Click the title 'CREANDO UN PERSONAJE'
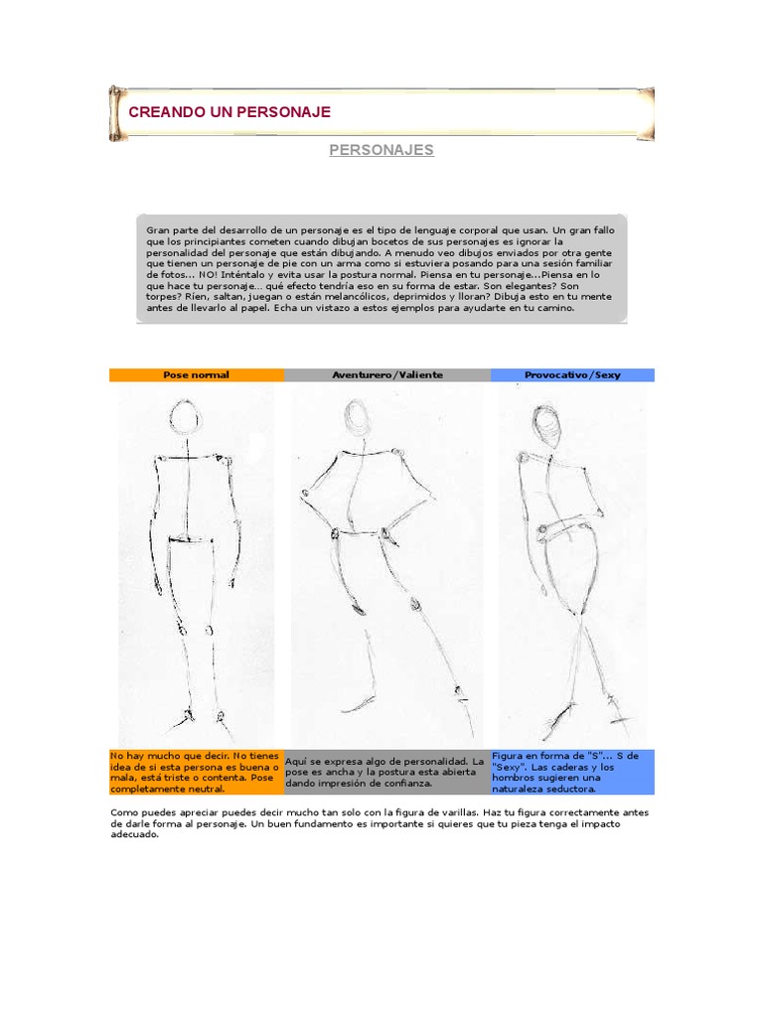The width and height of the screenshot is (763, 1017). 229,112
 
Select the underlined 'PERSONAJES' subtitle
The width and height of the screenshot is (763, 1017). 381,150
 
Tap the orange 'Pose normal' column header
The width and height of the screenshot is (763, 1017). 196,374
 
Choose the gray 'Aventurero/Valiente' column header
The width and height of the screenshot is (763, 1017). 387,374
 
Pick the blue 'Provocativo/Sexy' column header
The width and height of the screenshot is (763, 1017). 572,374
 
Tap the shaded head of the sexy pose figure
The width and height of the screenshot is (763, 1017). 545,424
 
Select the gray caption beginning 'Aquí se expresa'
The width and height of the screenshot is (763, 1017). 387,772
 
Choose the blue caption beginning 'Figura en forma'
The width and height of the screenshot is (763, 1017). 572,772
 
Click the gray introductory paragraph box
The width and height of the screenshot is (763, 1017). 381,268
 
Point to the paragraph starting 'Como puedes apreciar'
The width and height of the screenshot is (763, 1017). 381,823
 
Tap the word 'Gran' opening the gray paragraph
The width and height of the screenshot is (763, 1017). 158,230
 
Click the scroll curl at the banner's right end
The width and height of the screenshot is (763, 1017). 647,113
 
